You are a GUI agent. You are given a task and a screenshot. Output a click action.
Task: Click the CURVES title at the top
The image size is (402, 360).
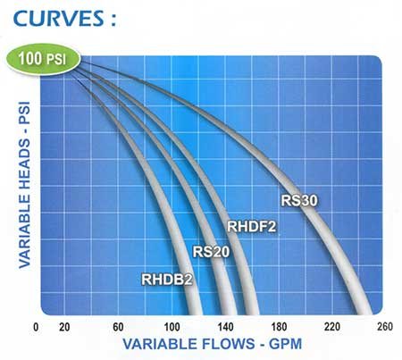click(x=64, y=19)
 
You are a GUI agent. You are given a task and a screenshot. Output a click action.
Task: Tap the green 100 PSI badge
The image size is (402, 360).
click(x=44, y=59)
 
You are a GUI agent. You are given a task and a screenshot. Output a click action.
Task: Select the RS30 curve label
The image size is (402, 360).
click(x=299, y=200)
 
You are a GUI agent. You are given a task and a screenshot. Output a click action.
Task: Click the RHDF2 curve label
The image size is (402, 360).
click(x=252, y=227)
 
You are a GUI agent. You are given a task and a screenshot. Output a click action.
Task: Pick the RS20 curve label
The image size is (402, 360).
click(x=211, y=252)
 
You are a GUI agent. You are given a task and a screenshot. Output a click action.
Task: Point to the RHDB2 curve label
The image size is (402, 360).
click(x=167, y=280)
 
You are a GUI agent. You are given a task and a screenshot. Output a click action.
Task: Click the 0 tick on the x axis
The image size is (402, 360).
click(x=36, y=327)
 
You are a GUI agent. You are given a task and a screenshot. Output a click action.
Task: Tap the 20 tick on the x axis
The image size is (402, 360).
click(x=64, y=327)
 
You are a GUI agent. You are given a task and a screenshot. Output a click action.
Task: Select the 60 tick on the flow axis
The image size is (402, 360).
click(x=118, y=327)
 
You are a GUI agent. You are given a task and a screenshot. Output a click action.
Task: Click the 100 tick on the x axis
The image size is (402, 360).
click(x=172, y=327)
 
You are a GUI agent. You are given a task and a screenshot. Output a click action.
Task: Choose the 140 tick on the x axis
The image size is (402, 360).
click(x=225, y=327)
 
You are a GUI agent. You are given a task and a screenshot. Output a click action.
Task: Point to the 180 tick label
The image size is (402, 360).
click(x=279, y=327)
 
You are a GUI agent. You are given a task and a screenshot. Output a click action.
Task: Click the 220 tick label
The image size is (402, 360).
click(x=332, y=327)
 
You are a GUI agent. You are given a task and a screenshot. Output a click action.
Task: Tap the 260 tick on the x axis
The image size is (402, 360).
click(x=385, y=327)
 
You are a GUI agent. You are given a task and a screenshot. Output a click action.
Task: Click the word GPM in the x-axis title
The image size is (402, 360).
click(x=285, y=344)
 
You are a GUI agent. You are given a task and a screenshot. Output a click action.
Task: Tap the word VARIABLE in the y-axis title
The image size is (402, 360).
click(x=24, y=231)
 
